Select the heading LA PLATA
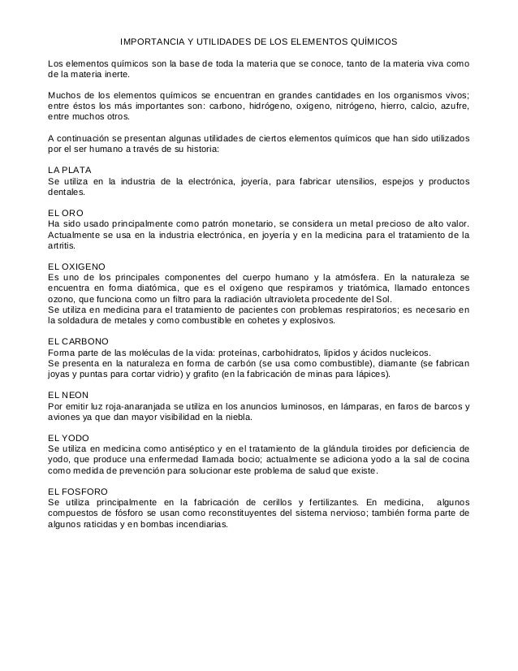coord(70,168)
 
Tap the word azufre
coord(451,106)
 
